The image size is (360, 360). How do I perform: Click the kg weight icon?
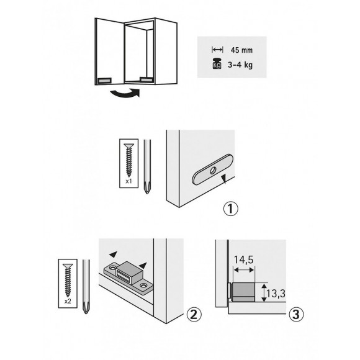pyautogui.click(x=217, y=64)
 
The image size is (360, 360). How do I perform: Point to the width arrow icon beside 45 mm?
pyautogui.click(x=217, y=50)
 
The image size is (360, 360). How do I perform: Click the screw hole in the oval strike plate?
pyautogui.click(x=211, y=168)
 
